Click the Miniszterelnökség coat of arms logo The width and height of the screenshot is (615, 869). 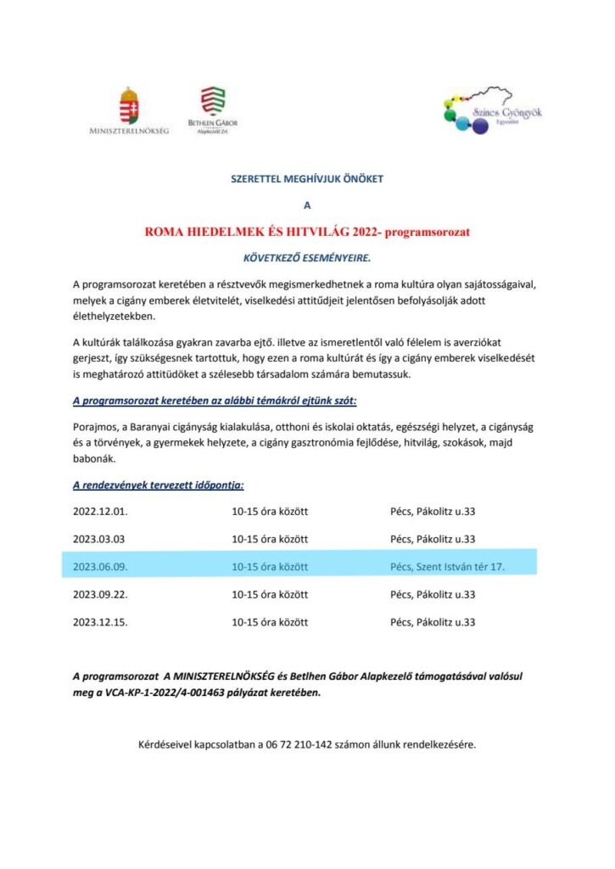point(129,105)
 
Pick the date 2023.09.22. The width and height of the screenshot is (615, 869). point(100,594)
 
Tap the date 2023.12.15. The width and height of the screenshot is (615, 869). point(100,622)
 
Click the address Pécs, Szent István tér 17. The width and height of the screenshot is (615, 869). point(447,566)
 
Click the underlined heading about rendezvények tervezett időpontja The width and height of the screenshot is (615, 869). point(159,485)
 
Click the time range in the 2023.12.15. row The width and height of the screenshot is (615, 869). point(270,622)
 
